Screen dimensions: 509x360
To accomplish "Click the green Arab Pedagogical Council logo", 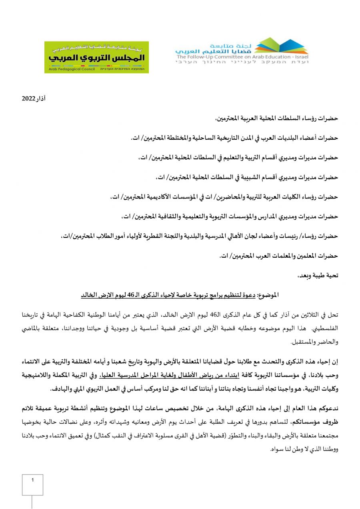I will [96, 57].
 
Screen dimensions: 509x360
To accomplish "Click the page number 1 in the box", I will [32, 479].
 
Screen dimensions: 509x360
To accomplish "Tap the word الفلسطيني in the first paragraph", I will [324, 328].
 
